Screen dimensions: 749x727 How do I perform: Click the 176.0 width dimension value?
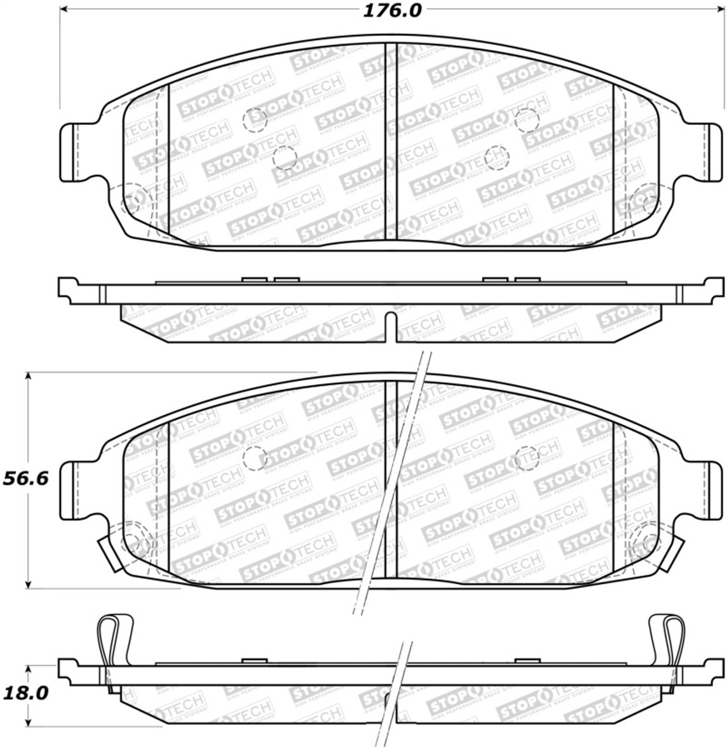click(x=392, y=11)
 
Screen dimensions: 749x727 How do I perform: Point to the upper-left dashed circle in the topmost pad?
click(x=255, y=119)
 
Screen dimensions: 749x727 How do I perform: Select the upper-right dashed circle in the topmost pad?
click(x=526, y=119)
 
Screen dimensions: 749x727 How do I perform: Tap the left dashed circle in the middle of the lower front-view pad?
click(x=255, y=458)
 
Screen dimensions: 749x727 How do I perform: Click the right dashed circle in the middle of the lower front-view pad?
click(x=526, y=458)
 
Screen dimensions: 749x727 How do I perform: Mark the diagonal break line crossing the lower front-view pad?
click(x=391, y=480)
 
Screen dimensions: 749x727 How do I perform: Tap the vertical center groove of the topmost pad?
click(x=391, y=140)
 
